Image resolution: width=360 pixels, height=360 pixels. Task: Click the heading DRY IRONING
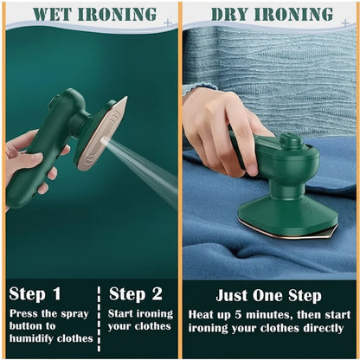pos(272,14)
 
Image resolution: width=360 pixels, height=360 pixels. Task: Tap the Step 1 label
pos(35,293)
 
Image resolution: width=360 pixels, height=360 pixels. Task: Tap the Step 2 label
pos(137,293)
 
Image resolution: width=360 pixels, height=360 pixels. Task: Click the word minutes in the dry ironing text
pos(277,313)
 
